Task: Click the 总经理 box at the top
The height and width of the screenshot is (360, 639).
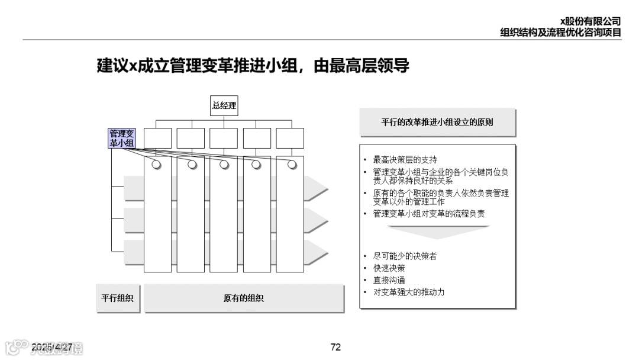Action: tap(224, 106)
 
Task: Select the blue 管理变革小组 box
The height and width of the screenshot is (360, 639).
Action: tap(122, 138)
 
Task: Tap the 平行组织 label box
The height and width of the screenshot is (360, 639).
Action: tap(117, 298)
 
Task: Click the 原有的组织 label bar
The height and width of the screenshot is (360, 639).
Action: tap(244, 298)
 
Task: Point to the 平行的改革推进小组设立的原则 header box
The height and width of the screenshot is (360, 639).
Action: tap(437, 123)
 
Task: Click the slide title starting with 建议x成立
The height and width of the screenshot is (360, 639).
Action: tap(253, 66)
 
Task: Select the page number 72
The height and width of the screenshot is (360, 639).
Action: tap(335, 347)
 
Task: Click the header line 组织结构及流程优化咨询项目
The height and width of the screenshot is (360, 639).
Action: tap(560, 33)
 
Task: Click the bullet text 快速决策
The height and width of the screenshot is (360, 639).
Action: tap(389, 268)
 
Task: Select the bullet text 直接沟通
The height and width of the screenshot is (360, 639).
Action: tap(389, 280)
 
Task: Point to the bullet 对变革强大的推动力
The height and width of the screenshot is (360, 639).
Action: tap(409, 292)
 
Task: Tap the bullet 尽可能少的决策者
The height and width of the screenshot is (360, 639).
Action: tap(405, 256)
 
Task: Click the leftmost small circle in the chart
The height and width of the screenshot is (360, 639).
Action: tap(156, 164)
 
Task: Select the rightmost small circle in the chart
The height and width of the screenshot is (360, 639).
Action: tap(292, 164)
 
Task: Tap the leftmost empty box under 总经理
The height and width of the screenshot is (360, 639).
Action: tap(157, 138)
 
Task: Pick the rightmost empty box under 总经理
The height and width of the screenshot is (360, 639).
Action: tap(290, 138)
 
